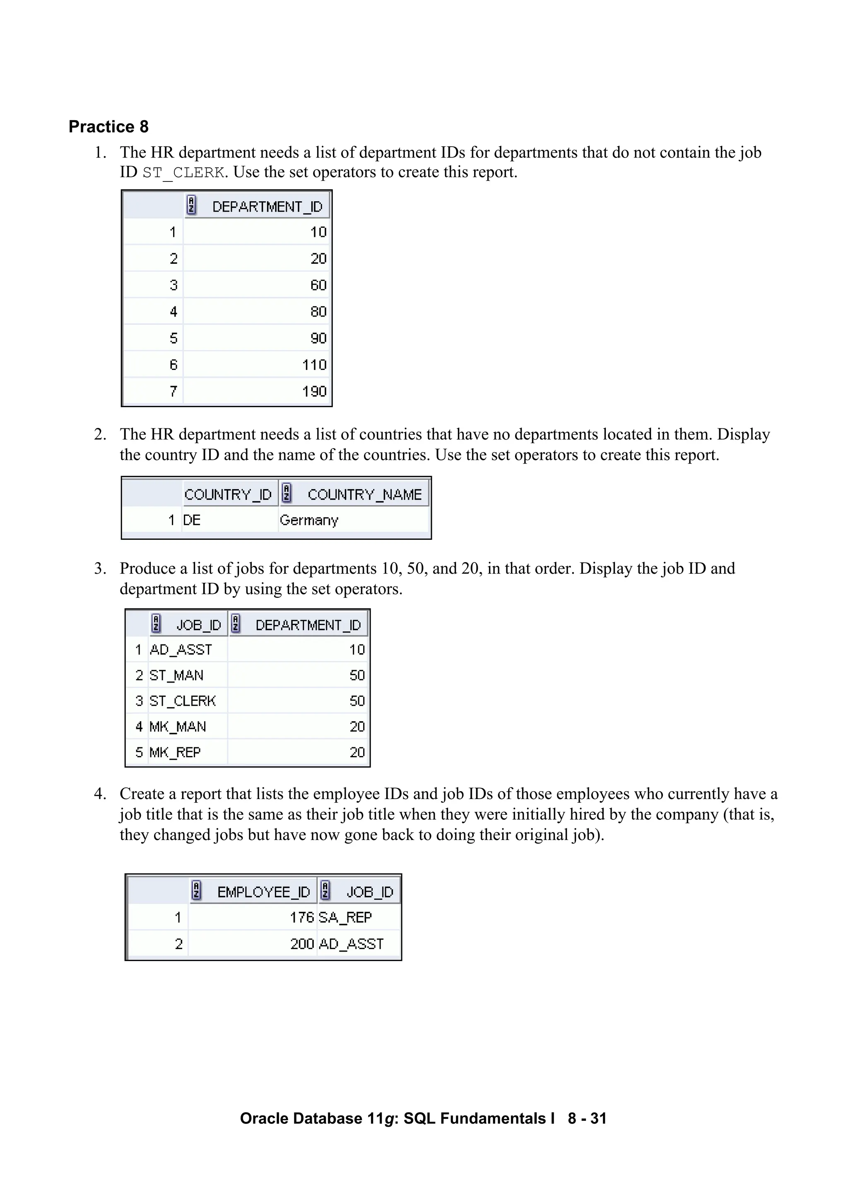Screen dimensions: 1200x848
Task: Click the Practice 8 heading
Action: click(x=108, y=126)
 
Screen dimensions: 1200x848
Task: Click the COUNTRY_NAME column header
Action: click(x=364, y=495)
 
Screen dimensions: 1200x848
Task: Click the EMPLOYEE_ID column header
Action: click(x=263, y=892)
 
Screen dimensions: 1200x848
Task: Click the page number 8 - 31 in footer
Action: click(x=587, y=1118)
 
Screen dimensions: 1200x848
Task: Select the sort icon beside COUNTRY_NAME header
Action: click(x=286, y=493)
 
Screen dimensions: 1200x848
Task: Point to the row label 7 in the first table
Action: click(x=173, y=391)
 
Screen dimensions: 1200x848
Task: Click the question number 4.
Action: click(x=100, y=794)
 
